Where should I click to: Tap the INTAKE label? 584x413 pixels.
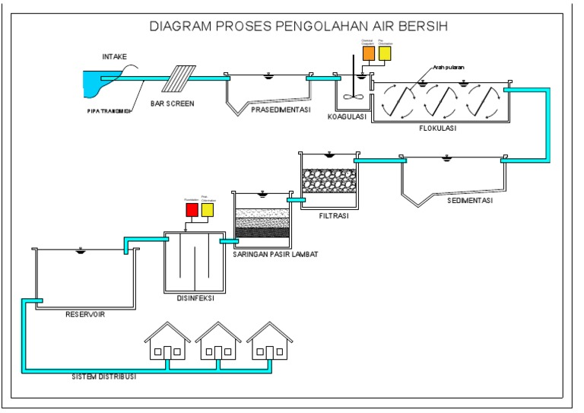[x=116, y=56]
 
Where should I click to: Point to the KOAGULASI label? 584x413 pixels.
[x=347, y=117]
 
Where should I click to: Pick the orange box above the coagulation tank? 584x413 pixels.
[x=368, y=53]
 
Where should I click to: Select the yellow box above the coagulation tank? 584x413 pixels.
[x=384, y=53]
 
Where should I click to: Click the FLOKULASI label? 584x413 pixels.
[x=437, y=129]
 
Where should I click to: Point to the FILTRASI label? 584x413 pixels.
[x=334, y=216]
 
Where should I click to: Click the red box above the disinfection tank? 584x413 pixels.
[x=192, y=208]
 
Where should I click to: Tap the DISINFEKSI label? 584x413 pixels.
[x=195, y=299]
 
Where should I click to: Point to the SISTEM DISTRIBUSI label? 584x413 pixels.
[x=103, y=376]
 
